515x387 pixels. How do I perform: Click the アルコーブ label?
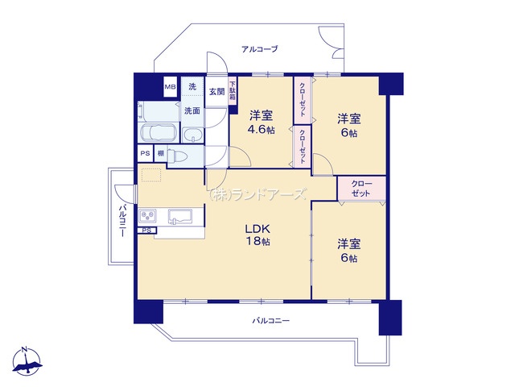(x=260, y=49)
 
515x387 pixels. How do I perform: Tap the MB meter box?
(x=170, y=87)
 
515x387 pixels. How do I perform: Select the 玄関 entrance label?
(x=216, y=92)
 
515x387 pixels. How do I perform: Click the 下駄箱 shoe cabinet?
(x=233, y=91)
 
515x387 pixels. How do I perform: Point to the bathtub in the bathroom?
(x=159, y=133)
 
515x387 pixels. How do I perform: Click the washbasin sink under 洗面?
(x=193, y=135)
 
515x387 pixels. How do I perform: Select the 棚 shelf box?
(x=161, y=153)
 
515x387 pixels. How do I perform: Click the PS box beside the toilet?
(x=145, y=153)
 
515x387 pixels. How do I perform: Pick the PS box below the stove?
(x=146, y=231)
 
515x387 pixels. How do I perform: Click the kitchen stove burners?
(x=148, y=216)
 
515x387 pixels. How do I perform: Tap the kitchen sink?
(x=180, y=217)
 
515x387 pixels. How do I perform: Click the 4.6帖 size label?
(x=261, y=130)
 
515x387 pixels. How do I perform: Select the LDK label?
(x=258, y=228)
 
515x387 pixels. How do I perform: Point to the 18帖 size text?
(x=258, y=241)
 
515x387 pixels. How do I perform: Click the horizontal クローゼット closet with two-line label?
(x=361, y=188)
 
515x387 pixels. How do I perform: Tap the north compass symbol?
(x=27, y=362)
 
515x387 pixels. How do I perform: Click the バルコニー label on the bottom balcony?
(x=271, y=321)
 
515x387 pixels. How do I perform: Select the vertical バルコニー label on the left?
(x=122, y=221)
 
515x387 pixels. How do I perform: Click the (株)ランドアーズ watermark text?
(x=257, y=195)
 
